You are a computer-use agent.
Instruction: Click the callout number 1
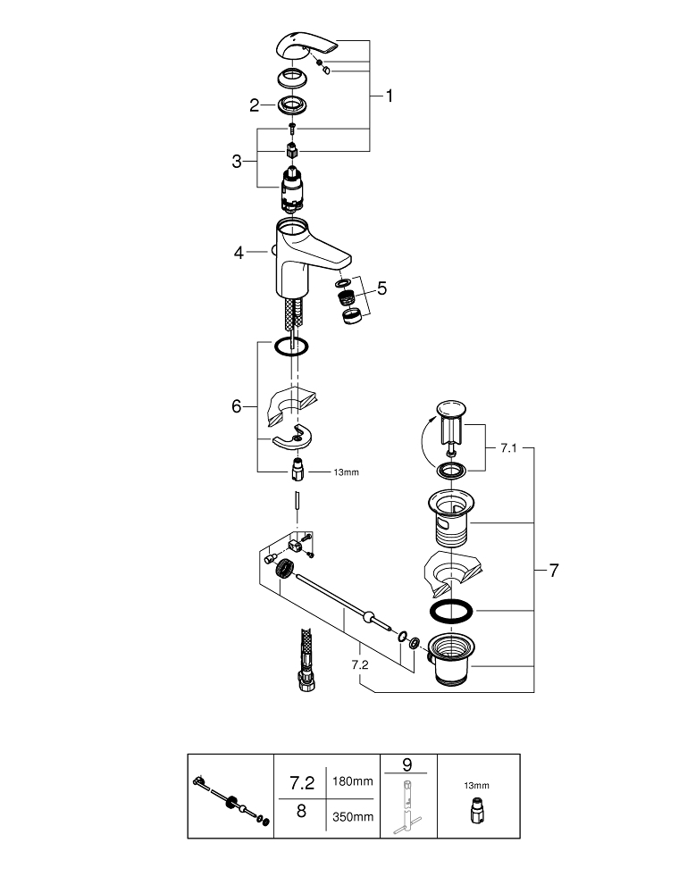click(389, 96)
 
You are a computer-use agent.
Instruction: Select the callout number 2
click(255, 105)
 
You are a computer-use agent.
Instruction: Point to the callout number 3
click(237, 162)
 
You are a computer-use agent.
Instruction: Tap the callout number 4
click(239, 253)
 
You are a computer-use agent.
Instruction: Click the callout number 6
click(237, 406)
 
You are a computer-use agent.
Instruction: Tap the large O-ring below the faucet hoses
click(290, 346)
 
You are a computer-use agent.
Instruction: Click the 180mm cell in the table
click(352, 781)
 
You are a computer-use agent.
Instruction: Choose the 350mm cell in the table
click(352, 815)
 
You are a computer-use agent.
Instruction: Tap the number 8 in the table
click(301, 814)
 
